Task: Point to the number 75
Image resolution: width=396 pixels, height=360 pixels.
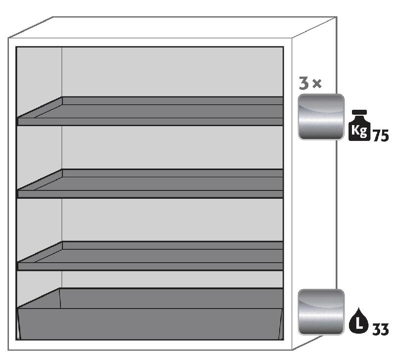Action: [x=380, y=135]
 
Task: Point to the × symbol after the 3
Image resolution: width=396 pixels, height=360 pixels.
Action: [x=317, y=83]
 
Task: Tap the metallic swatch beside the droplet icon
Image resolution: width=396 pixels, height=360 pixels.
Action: [x=321, y=312]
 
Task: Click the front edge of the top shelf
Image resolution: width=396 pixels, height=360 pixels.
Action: [x=150, y=122]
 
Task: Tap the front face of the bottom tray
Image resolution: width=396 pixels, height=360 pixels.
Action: [x=150, y=324]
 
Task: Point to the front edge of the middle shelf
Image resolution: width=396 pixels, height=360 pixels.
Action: [x=150, y=194]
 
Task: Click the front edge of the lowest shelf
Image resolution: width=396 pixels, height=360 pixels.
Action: [x=150, y=266]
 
